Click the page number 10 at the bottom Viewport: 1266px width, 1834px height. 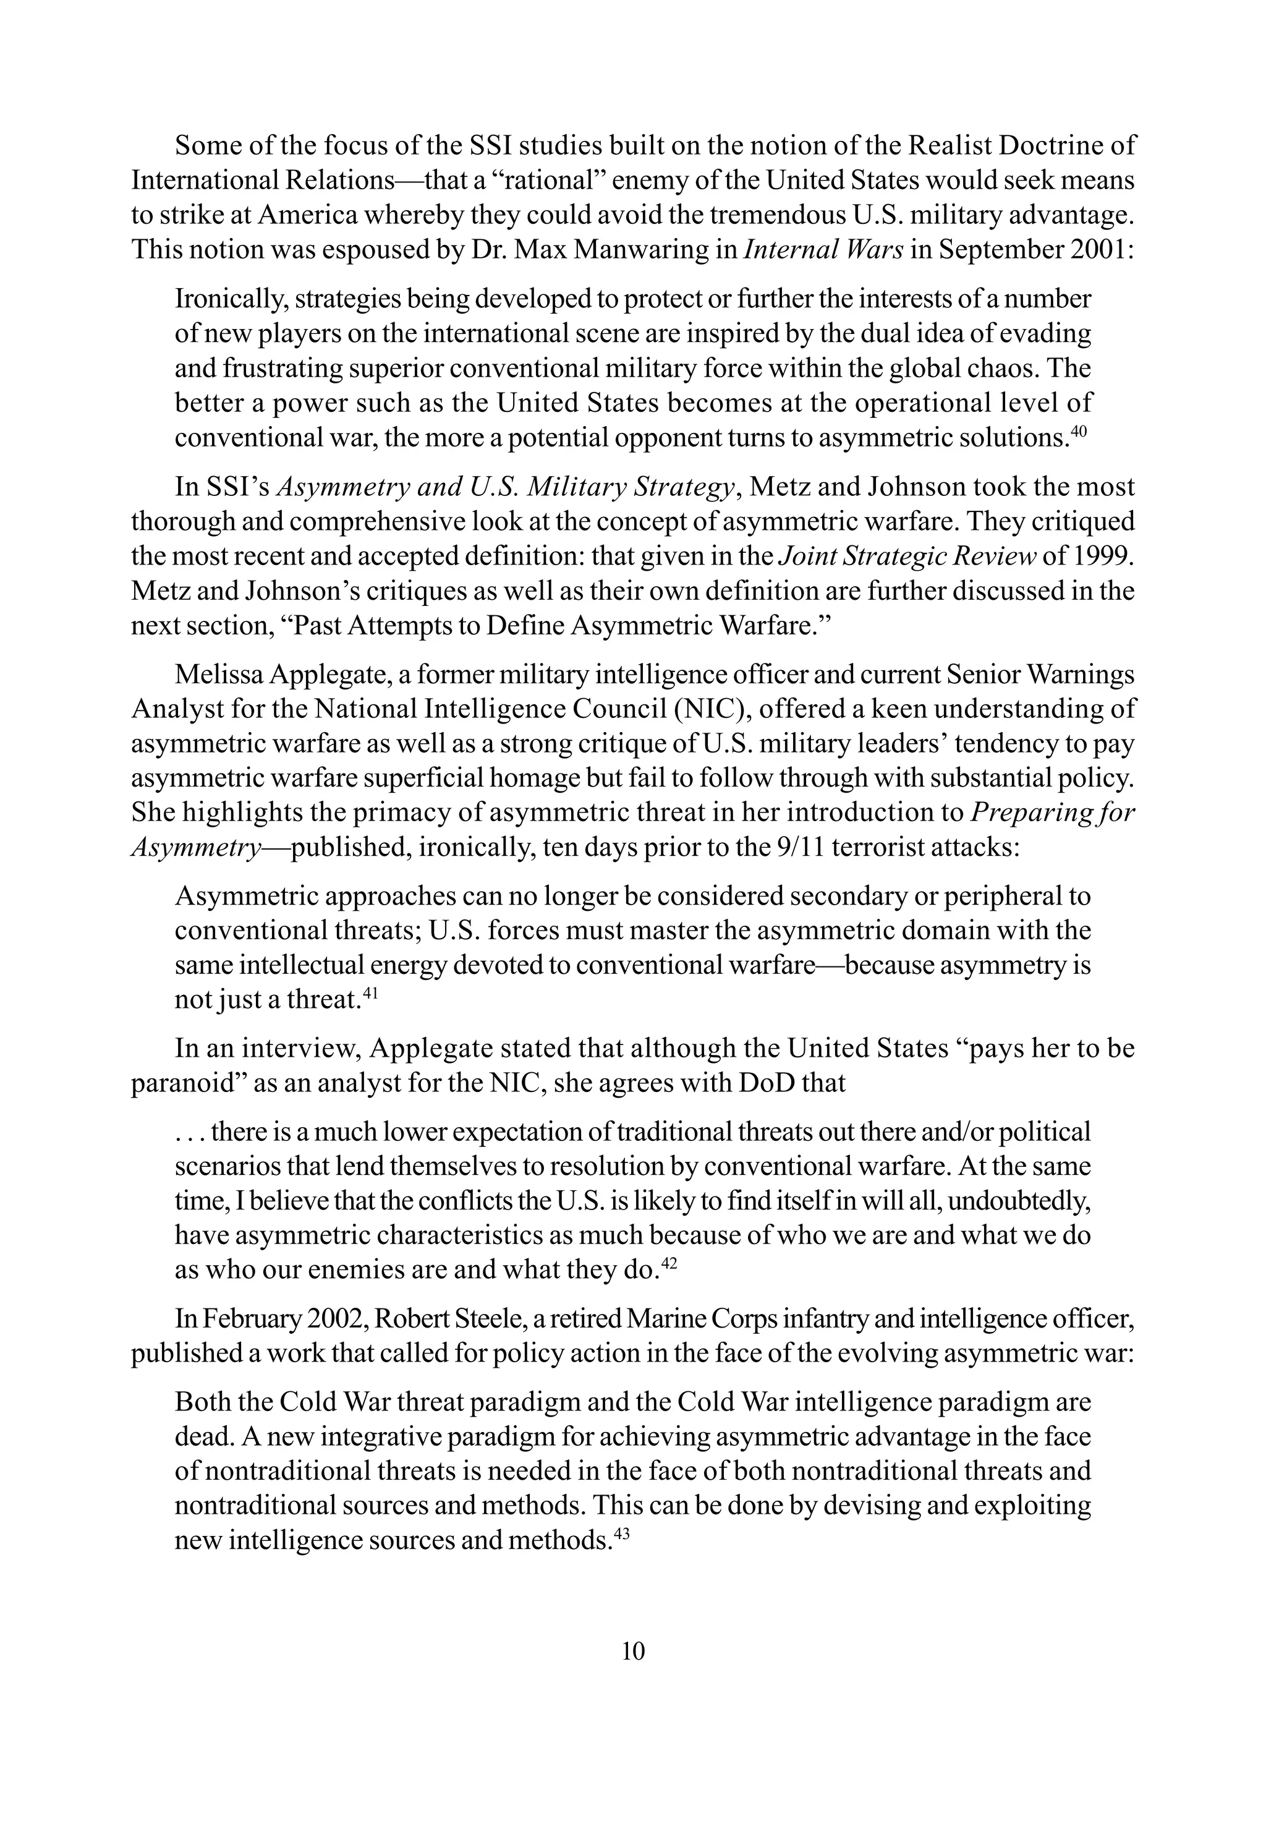pos(633,1652)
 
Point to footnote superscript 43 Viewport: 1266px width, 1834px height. pos(622,1534)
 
